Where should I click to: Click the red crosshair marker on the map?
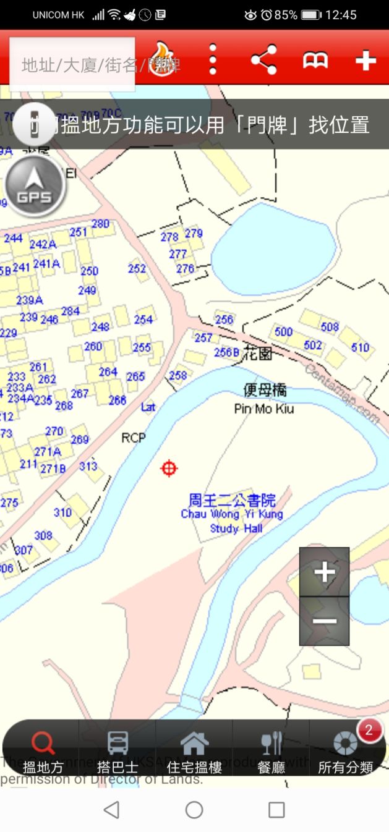[x=169, y=469]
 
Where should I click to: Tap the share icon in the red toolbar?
[x=263, y=60]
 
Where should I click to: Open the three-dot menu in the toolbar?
[x=213, y=60]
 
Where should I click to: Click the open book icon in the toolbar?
[x=315, y=60]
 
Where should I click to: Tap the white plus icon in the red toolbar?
[x=365, y=60]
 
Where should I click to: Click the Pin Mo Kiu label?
[x=264, y=409]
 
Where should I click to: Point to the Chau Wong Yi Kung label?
[x=232, y=514]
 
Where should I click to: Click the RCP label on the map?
[x=134, y=438]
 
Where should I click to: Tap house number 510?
[x=360, y=347]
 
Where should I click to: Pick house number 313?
[x=88, y=465]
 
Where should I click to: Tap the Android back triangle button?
[x=111, y=810]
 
